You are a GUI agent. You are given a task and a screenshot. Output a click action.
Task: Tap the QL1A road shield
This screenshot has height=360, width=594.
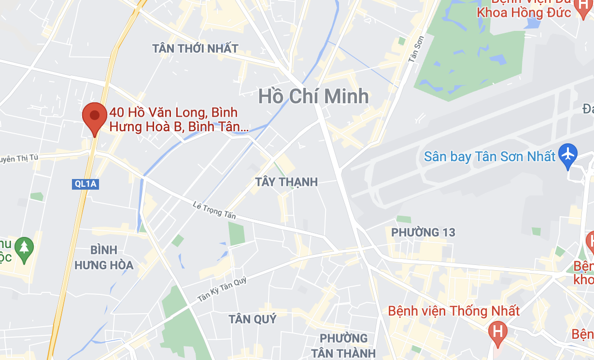pos(85,184)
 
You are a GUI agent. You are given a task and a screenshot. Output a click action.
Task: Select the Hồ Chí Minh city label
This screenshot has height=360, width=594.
pos(313,97)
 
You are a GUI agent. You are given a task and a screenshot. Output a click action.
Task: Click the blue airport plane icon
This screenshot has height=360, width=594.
pos(568,154)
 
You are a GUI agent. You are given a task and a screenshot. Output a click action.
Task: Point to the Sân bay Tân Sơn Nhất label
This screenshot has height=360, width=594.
pos(490,157)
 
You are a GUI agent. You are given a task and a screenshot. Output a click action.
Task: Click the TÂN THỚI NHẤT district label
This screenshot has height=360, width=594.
pos(195,49)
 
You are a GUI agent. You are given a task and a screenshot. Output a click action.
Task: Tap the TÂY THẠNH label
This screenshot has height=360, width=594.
pos(286,182)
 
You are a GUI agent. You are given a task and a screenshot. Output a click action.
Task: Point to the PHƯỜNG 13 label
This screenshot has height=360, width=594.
pos(423,233)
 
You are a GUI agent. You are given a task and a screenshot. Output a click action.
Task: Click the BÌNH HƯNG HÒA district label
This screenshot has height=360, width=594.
pos(104,257)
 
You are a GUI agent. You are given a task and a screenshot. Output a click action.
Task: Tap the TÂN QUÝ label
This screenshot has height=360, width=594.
pos(253,319)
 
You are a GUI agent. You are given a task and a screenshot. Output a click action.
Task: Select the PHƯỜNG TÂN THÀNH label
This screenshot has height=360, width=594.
pos(343,346)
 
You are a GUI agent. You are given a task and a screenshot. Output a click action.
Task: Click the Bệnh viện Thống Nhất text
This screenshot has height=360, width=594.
pos(454,311)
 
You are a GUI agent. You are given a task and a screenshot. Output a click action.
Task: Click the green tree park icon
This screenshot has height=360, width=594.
pos(23,248)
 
